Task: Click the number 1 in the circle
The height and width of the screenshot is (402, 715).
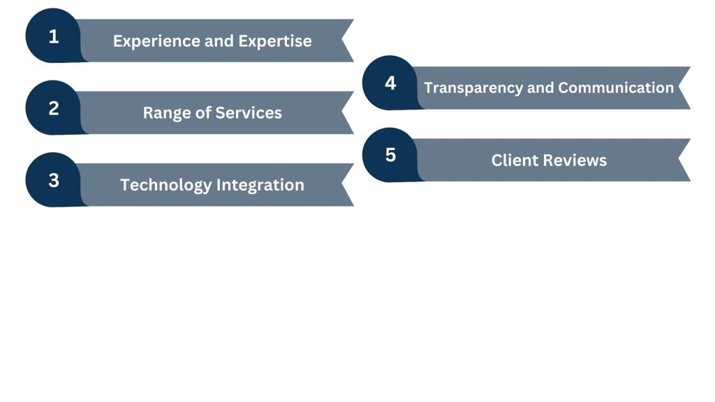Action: [54, 36]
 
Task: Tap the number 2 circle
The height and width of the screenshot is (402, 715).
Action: [54, 108]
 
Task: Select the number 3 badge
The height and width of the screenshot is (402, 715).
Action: [54, 180]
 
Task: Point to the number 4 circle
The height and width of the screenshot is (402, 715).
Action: [390, 83]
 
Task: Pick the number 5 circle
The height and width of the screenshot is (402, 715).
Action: [390, 155]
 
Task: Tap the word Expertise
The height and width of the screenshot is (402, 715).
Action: [275, 40]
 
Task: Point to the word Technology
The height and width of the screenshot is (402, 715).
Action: [165, 185]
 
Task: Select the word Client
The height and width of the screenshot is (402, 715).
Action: [514, 161]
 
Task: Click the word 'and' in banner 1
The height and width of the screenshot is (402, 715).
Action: [219, 40]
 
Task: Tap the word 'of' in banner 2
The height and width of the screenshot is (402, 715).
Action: [202, 112]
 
